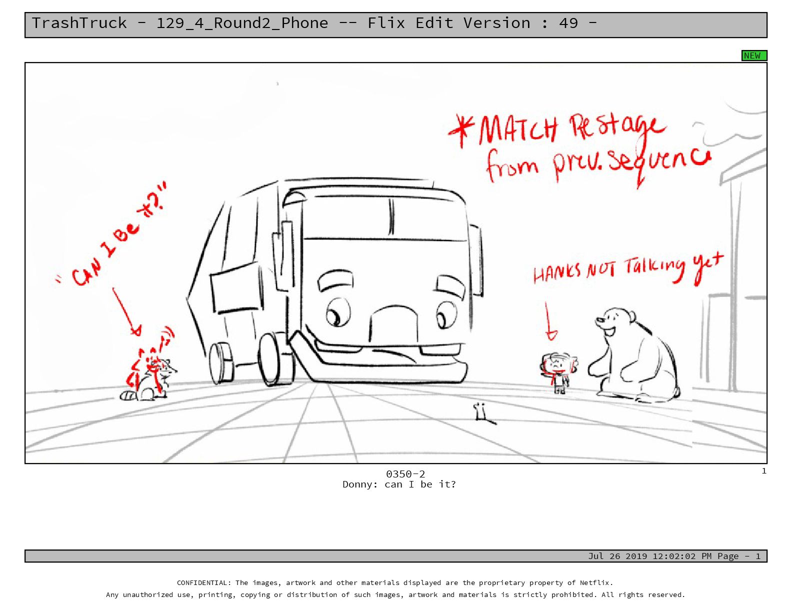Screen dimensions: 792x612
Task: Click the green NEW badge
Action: click(753, 55)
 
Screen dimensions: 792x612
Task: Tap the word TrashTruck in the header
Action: click(79, 23)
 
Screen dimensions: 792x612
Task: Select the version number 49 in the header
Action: click(568, 23)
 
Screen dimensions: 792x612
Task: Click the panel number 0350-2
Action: click(405, 473)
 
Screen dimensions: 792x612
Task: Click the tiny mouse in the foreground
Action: click(481, 411)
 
